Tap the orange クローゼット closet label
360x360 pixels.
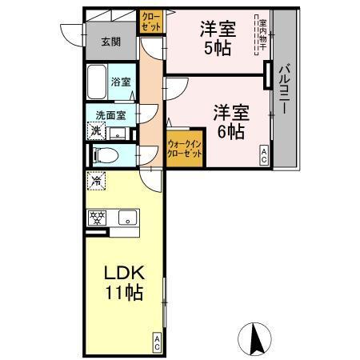150,22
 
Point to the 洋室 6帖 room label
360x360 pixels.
229,122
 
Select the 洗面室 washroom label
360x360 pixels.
110,114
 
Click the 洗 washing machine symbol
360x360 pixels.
96,130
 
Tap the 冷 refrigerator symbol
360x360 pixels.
96,181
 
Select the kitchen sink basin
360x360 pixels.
127,217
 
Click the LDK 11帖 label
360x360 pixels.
123,282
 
